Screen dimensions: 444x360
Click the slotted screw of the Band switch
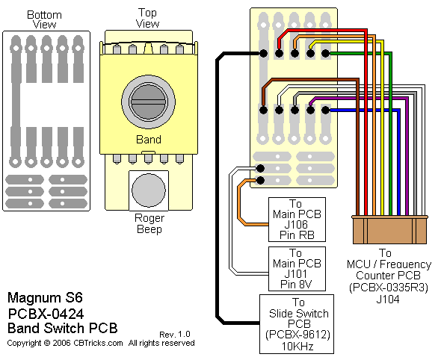(x=148, y=102)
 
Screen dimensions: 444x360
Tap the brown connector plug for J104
(x=389, y=229)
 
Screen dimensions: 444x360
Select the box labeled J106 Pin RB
(x=297, y=220)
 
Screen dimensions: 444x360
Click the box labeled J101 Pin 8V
(x=297, y=269)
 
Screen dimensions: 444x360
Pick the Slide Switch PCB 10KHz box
(x=297, y=324)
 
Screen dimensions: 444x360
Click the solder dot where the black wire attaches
(x=263, y=53)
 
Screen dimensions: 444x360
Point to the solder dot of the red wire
(x=280, y=53)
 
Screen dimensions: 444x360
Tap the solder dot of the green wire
(x=326, y=53)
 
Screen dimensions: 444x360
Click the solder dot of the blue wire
(x=326, y=110)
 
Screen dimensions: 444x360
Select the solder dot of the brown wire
(x=263, y=110)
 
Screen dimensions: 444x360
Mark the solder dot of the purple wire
(x=310, y=110)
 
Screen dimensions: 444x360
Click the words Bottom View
(x=44, y=19)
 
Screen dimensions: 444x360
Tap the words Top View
(x=147, y=18)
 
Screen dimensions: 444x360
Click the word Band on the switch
(x=149, y=140)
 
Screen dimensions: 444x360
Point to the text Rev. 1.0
(x=175, y=335)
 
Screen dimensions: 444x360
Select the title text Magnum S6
(x=45, y=298)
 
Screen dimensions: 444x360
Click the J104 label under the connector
(x=388, y=300)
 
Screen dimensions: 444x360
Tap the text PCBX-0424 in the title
(x=46, y=314)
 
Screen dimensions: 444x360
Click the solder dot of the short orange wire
(x=261, y=180)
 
